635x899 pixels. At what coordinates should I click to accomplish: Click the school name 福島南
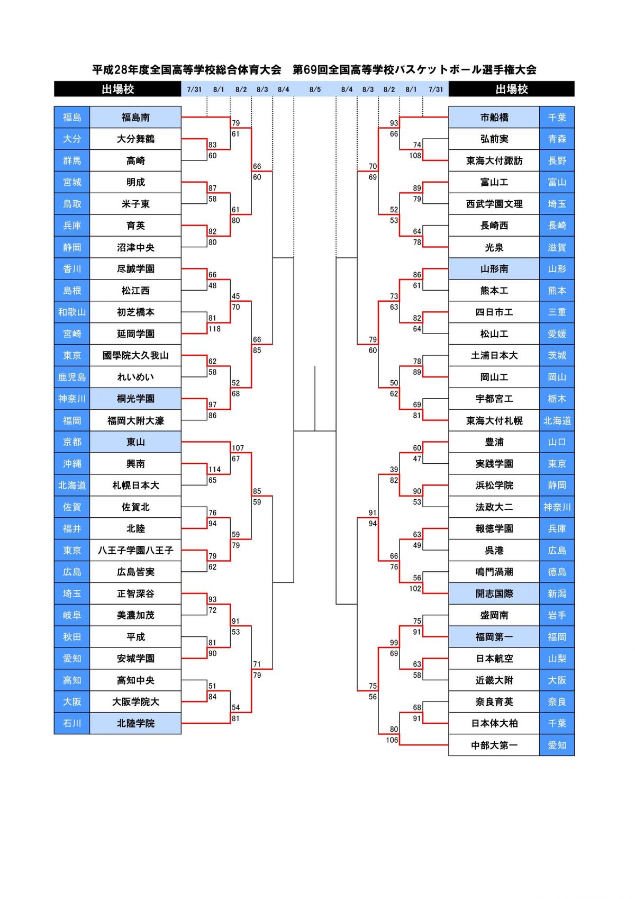pyautogui.click(x=135, y=118)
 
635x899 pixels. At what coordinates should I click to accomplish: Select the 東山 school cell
pyautogui.click(x=135, y=442)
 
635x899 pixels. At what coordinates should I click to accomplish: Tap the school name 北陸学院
pyautogui.click(x=135, y=723)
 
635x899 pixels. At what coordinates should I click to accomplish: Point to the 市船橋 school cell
pyautogui.click(x=494, y=118)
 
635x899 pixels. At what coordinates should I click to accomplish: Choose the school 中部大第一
pyautogui.click(x=494, y=745)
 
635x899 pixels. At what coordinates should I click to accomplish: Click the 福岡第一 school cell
pyautogui.click(x=494, y=637)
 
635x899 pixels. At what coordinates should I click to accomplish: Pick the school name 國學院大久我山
pyautogui.click(x=135, y=356)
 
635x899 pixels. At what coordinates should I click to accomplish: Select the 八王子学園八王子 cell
pyautogui.click(x=135, y=551)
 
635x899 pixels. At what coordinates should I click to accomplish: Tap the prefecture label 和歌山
pyautogui.click(x=72, y=312)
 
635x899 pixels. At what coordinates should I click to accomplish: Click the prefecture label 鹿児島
pyautogui.click(x=72, y=377)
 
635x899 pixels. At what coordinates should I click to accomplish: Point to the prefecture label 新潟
pyautogui.click(x=557, y=594)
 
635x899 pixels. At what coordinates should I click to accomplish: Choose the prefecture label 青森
pyautogui.click(x=557, y=139)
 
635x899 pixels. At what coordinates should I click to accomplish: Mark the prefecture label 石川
pyautogui.click(x=72, y=723)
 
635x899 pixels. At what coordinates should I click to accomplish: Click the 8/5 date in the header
pyautogui.click(x=315, y=89)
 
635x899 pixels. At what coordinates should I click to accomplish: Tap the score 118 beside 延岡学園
pyautogui.click(x=214, y=329)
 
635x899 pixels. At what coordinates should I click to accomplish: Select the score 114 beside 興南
pyautogui.click(x=214, y=470)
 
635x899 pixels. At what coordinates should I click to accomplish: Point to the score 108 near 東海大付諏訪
pyautogui.click(x=415, y=156)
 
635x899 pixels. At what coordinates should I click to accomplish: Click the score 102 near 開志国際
pyautogui.click(x=415, y=589)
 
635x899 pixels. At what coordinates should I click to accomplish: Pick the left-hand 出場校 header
pyautogui.click(x=117, y=89)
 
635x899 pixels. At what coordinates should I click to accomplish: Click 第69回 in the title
pyautogui.click(x=310, y=69)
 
